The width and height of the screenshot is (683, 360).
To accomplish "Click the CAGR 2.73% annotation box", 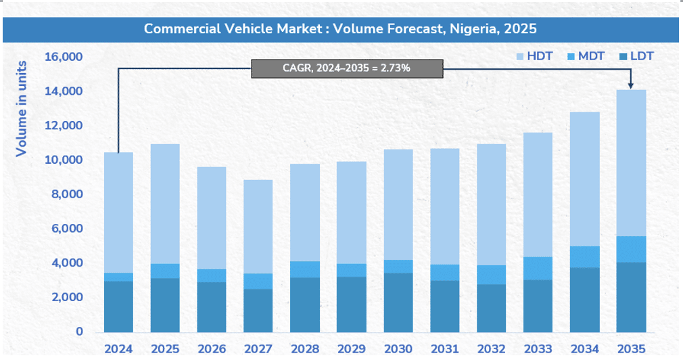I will pos(346,68).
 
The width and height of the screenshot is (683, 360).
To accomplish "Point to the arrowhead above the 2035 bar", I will pos(631,85).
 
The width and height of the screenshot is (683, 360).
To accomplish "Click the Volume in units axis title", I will pos(22,108).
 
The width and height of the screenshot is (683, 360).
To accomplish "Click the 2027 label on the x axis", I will pos(258,349).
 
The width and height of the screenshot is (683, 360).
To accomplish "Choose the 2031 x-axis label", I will pos(445,349).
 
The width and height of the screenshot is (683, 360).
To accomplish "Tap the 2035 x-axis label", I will pos(631,349).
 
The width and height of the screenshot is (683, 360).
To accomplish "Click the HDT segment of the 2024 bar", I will pos(118,212).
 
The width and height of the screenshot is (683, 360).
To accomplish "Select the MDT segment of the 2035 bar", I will pos(631,249).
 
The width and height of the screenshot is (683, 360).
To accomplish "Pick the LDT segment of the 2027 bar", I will pos(258,310).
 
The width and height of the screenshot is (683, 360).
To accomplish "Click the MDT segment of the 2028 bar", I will pos(305,269).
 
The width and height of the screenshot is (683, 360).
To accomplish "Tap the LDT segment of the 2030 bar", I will pos(398,302).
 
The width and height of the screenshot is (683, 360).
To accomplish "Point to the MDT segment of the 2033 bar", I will pos(538,268).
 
